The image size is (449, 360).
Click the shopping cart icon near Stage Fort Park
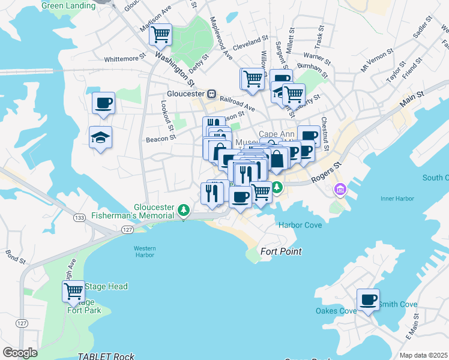point(73,292)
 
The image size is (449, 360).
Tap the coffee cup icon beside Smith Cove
point(368,299)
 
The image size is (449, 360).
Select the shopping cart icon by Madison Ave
point(160,34)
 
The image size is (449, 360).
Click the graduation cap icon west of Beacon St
point(101,137)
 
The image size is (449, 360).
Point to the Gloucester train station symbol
point(212,94)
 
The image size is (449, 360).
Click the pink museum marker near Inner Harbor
point(340,190)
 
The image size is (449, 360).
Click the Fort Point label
point(281,251)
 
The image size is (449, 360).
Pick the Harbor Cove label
point(300,225)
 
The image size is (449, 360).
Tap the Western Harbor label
point(145,251)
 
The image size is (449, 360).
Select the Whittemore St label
point(125,59)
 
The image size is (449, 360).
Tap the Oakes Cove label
point(336,311)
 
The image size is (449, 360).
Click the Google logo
point(20,353)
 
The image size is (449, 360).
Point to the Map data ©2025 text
point(423,355)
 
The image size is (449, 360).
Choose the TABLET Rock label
point(106,356)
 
